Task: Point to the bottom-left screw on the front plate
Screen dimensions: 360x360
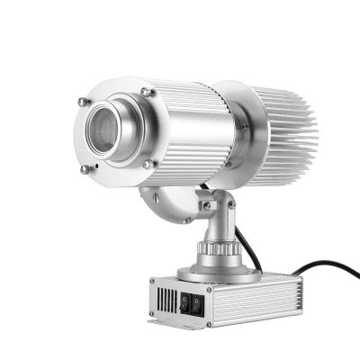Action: (x=85, y=167)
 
